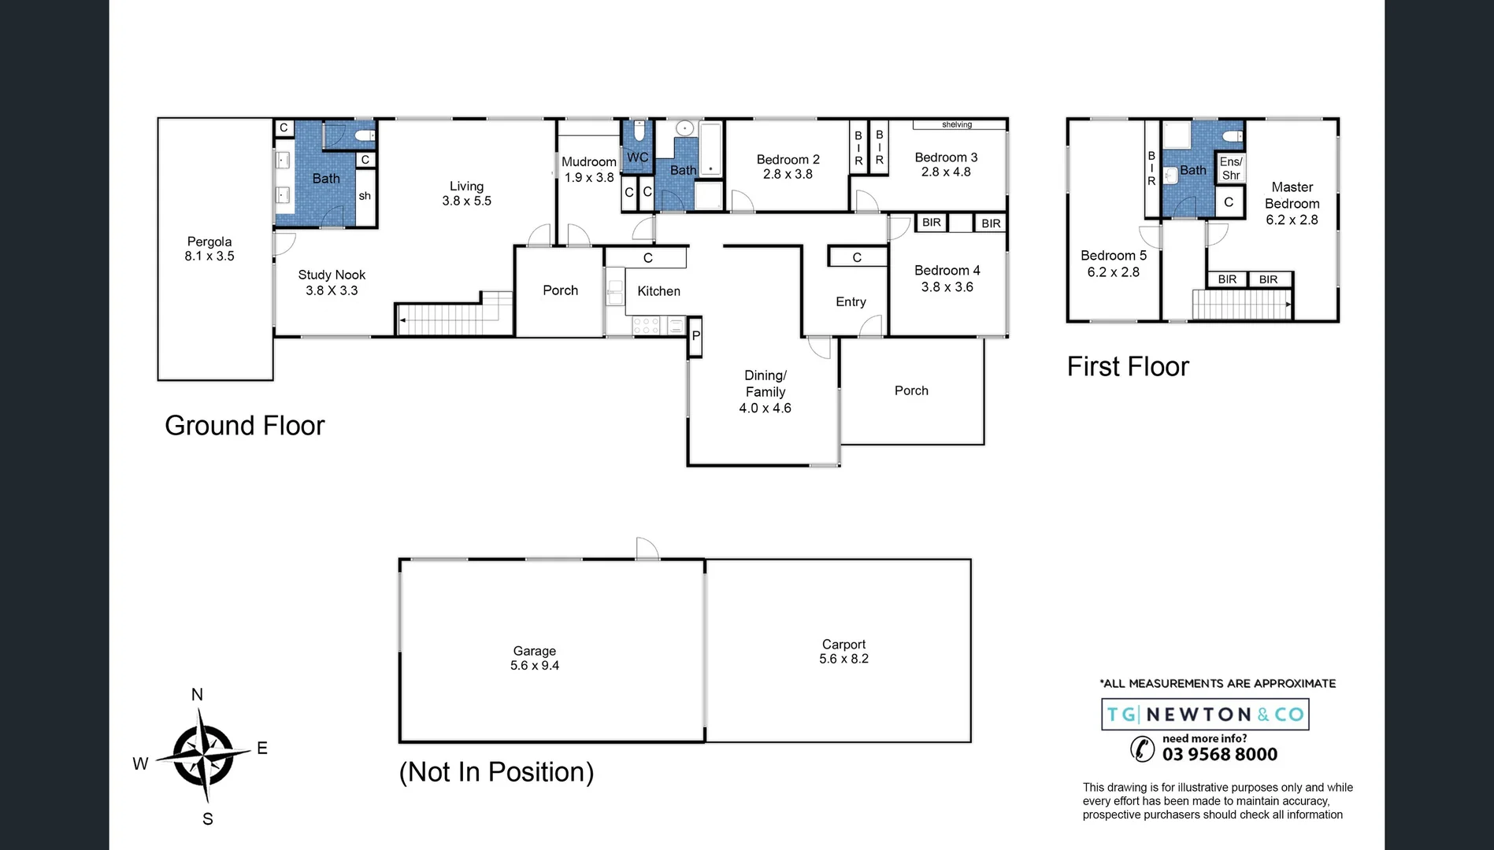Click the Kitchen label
click(658, 291)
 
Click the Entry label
click(851, 302)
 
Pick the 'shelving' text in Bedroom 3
click(957, 124)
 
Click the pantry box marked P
click(695, 336)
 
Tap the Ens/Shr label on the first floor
click(1231, 168)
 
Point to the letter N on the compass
click(197, 695)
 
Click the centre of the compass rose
click(203, 755)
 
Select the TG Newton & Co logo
click(1205, 715)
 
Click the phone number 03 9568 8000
click(1220, 755)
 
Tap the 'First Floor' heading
click(1128, 367)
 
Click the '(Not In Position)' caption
click(496, 772)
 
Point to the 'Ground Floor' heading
click(244, 426)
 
